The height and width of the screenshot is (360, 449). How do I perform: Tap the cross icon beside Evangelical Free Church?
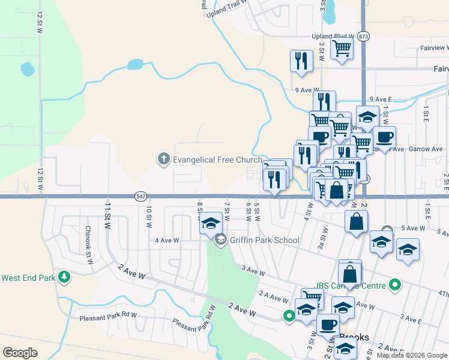[163, 159]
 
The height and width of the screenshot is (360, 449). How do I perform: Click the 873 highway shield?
[364, 36]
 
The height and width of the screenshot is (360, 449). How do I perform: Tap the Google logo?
[20, 353]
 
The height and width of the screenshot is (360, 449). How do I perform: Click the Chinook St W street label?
[88, 239]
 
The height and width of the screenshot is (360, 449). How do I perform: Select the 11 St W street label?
[109, 214]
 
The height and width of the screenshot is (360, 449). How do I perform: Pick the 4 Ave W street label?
[167, 241]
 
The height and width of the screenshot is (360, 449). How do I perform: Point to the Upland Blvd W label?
[330, 36]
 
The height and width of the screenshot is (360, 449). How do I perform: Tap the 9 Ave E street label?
[381, 99]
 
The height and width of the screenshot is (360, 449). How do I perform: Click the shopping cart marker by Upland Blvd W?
[342, 48]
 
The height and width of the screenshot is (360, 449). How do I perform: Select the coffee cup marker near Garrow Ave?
[384, 137]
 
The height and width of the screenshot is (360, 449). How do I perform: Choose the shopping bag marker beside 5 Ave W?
[356, 220]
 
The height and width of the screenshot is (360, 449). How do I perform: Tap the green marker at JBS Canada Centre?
[394, 284]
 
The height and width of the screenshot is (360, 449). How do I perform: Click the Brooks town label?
[354, 337]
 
